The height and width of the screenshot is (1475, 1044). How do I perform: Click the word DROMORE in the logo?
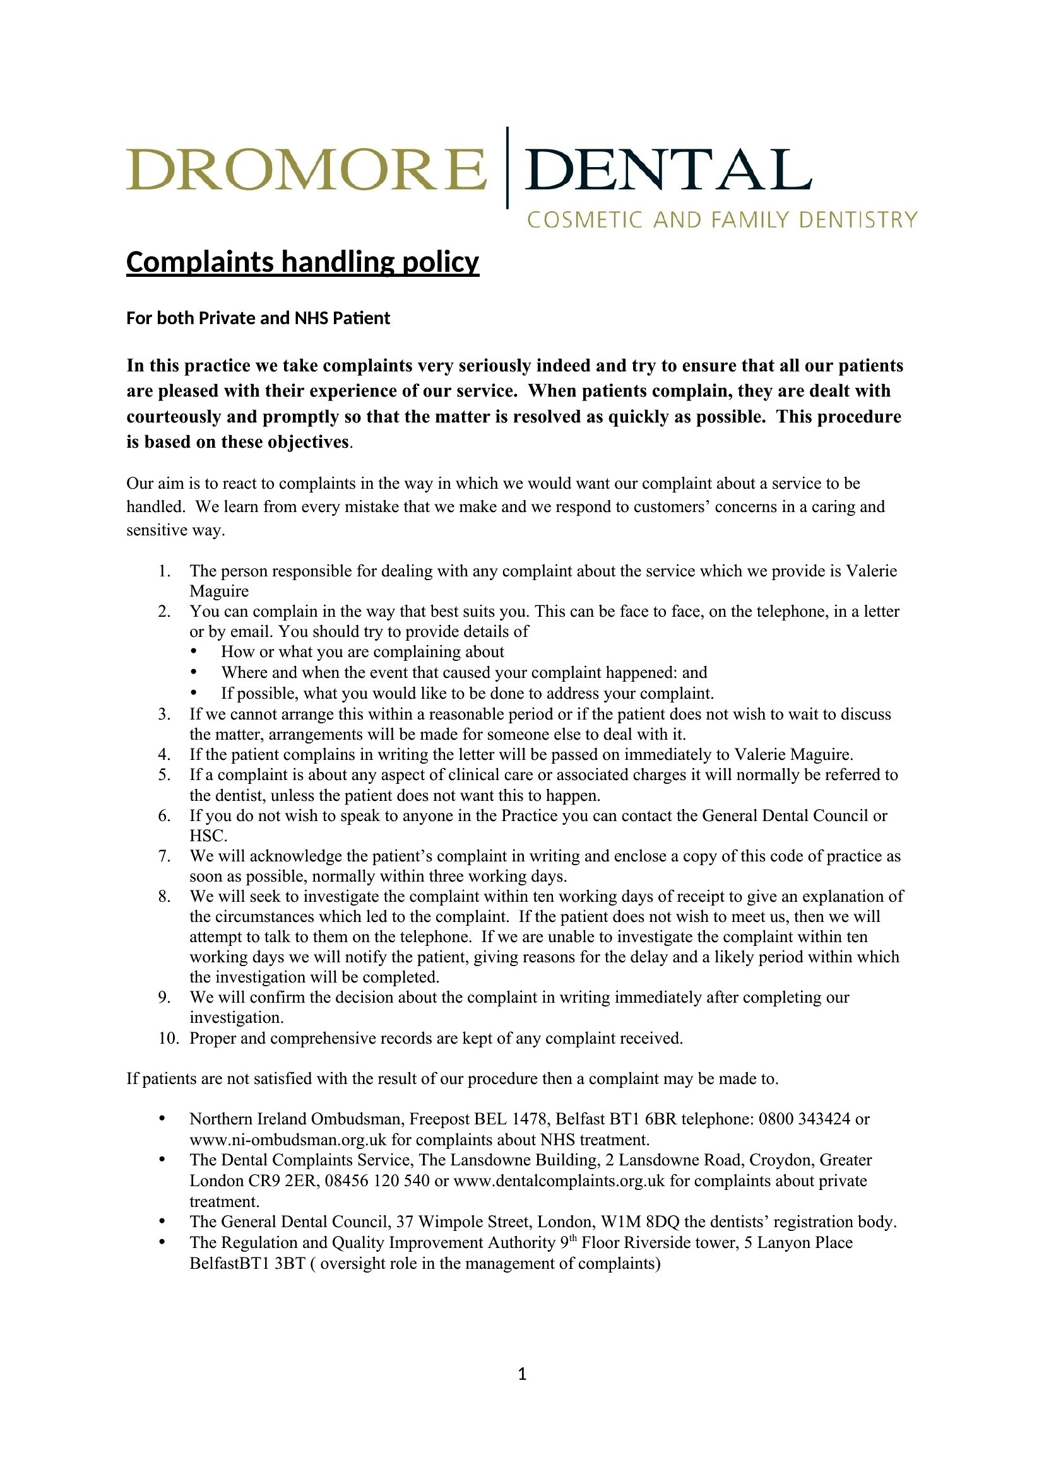(306, 170)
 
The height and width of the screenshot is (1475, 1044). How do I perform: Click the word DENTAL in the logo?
(668, 170)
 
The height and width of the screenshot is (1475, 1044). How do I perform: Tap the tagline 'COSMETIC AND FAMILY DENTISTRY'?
(722, 220)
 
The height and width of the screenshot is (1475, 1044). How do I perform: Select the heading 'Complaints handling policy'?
(302, 263)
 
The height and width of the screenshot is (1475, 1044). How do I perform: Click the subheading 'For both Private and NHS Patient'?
(258, 318)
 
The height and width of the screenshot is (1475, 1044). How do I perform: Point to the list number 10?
(169, 1038)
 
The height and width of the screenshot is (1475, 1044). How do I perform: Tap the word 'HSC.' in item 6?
(208, 836)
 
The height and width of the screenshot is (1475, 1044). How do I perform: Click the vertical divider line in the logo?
(507, 168)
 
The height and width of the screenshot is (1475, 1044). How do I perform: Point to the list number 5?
(165, 775)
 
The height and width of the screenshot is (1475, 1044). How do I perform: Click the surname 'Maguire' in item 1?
(218, 591)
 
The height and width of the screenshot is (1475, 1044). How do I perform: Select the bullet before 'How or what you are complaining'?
(194, 652)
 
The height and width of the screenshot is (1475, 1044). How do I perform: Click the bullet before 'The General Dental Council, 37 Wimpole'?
(162, 1222)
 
